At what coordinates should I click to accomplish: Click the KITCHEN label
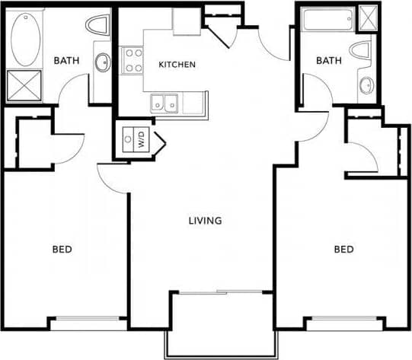[x=177, y=65]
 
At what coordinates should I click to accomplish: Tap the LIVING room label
[x=205, y=221]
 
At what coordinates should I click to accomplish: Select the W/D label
[x=142, y=139]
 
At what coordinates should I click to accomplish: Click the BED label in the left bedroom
[x=62, y=249]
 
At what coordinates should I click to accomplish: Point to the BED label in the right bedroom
[x=343, y=249]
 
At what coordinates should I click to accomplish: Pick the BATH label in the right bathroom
[x=329, y=60]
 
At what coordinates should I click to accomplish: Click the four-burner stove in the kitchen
[x=133, y=59]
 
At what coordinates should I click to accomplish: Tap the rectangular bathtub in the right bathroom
[x=327, y=19]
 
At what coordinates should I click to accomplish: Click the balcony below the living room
[x=218, y=323]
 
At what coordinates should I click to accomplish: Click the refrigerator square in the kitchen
[x=185, y=21]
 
